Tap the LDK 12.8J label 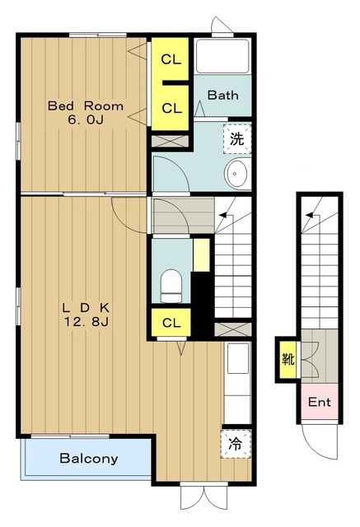click(86, 315)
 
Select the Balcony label click(89, 458)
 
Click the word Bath click(223, 96)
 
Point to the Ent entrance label click(320, 402)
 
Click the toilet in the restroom click(171, 286)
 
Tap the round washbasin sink click(236, 174)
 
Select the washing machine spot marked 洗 click(237, 139)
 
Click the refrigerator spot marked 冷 click(236, 444)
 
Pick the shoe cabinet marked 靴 click(288, 360)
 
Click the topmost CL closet click(171, 59)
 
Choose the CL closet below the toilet click(171, 323)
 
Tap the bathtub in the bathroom click(222, 57)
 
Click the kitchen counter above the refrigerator click(237, 383)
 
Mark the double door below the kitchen click(203, 497)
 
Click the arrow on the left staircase click(226, 214)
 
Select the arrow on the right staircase click(313, 215)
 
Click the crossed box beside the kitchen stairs click(233, 329)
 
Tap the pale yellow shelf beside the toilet click(201, 255)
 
